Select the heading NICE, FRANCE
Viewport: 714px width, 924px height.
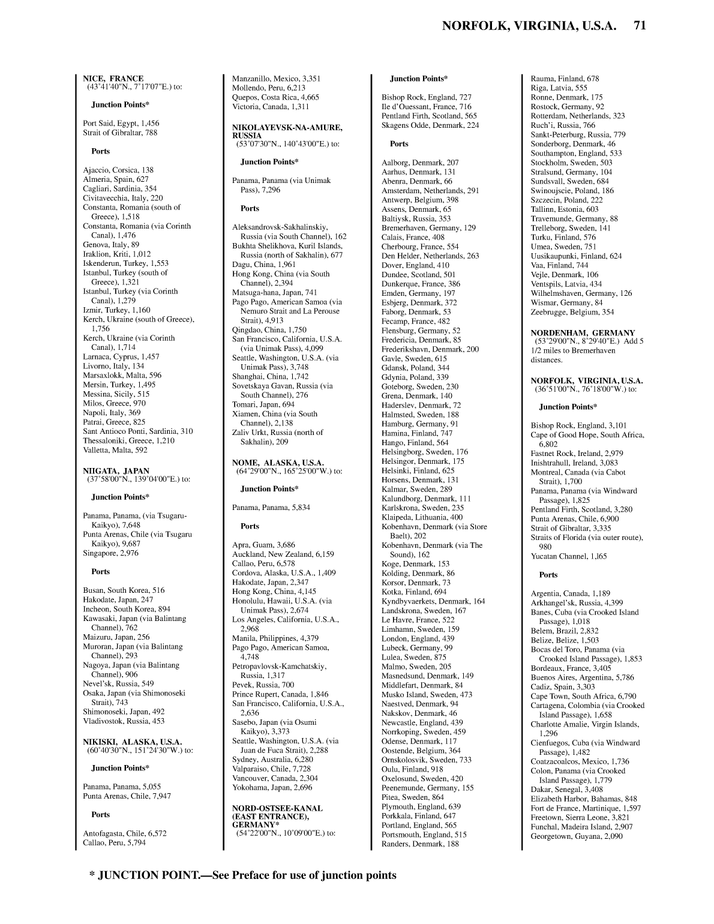coord(113,79)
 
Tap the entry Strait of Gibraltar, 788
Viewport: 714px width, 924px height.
coord(120,133)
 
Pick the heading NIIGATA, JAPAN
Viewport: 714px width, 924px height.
coord(116,471)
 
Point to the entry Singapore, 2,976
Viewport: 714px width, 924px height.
coord(110,553)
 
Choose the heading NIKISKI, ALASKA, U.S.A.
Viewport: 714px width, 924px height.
coord(132,742)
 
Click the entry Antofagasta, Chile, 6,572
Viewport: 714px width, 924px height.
coord(125,833)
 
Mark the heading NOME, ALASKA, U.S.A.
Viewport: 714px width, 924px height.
coord(278,463)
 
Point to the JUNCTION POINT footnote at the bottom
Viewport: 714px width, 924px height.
coord(243,875)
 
